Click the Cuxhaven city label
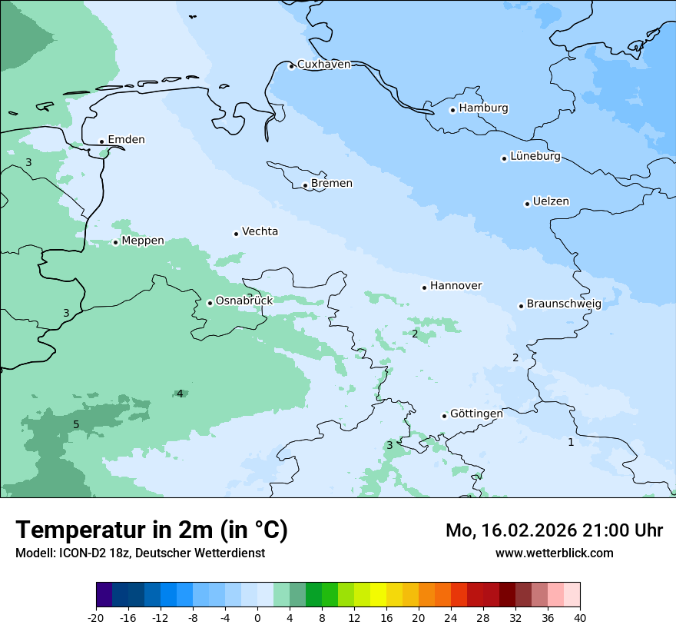[323, 65]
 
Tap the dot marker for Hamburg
[452, 110]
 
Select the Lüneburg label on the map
[535, 157]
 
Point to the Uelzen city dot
[527, 204]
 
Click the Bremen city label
[331, 184]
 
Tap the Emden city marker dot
[101, 141]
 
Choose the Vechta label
[260, 231]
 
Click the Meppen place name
[142, 241]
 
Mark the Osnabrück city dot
[210, 303]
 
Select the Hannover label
[456, 286]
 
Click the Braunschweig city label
[563, 304]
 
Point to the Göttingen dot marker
[444, 416]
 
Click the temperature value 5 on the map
[76, 425]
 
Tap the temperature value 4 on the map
[180, 394]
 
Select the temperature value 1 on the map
[571, 442]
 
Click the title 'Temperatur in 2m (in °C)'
[151, 530]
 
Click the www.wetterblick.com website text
[554, 553]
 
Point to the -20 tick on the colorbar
[96, 618]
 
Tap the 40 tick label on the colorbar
[580, 618]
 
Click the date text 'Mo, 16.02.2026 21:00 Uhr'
[554, 530]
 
